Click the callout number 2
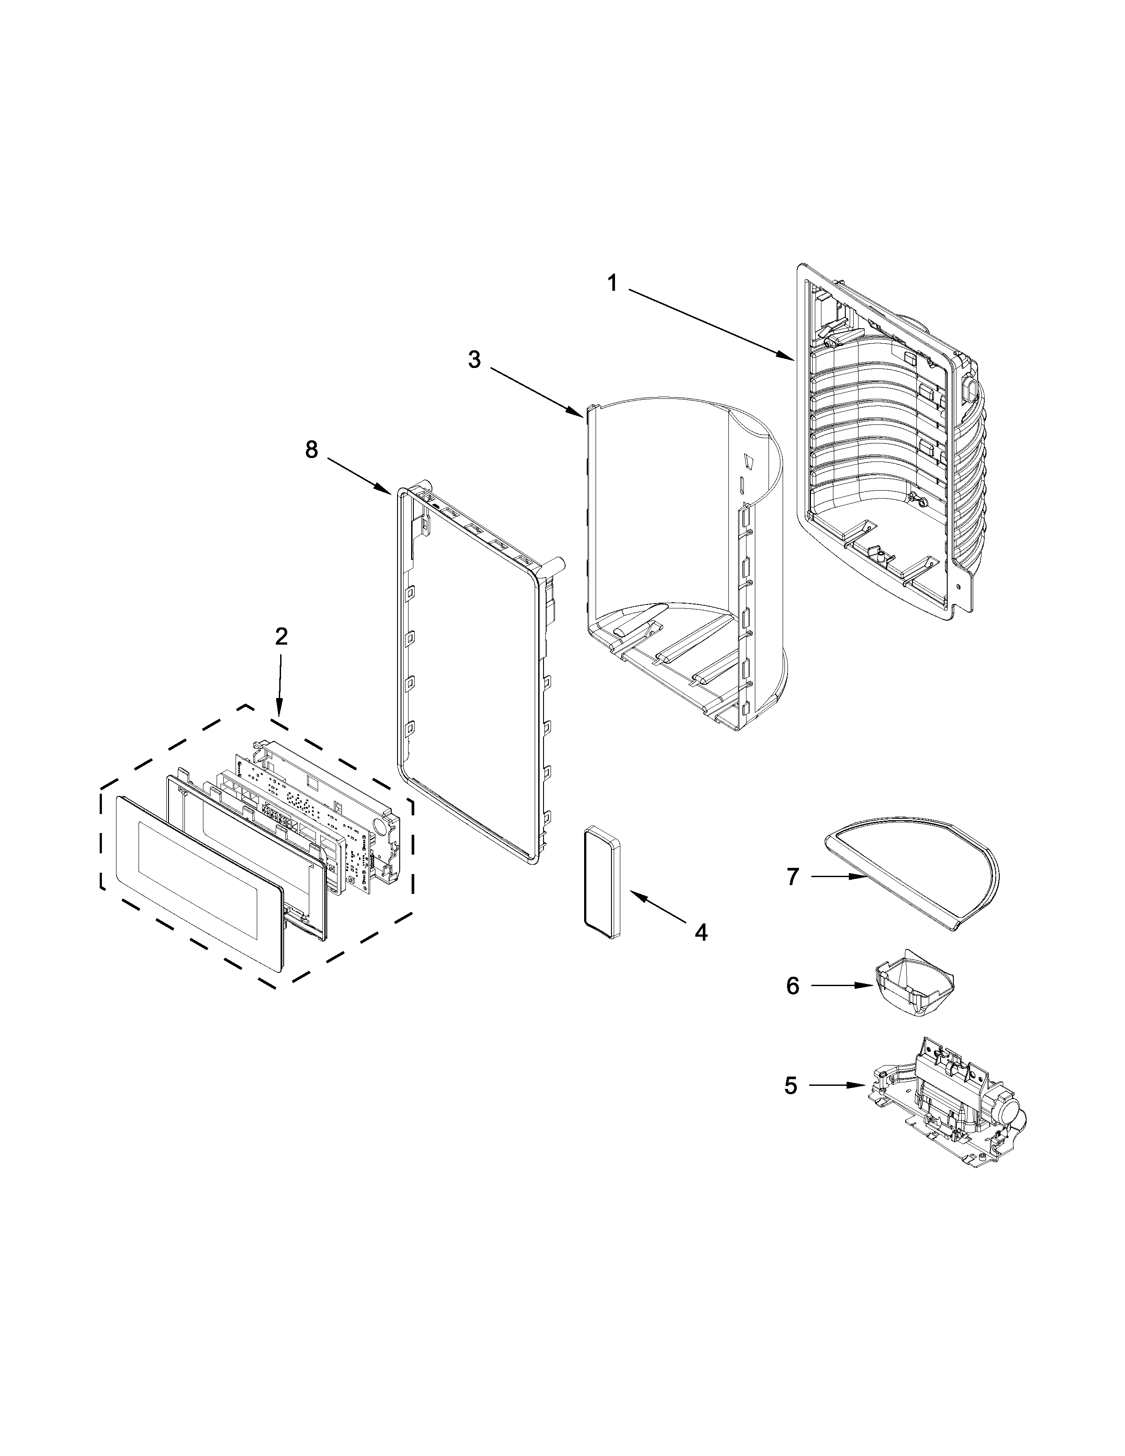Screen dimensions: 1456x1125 (x=281, y=638)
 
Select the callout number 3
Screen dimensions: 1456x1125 (x=474, y=360)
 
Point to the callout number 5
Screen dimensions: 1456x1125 (x=791, y=1086)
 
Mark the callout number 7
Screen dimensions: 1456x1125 (x=792, y=877)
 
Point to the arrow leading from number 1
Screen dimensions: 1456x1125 (x=710, y=325)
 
